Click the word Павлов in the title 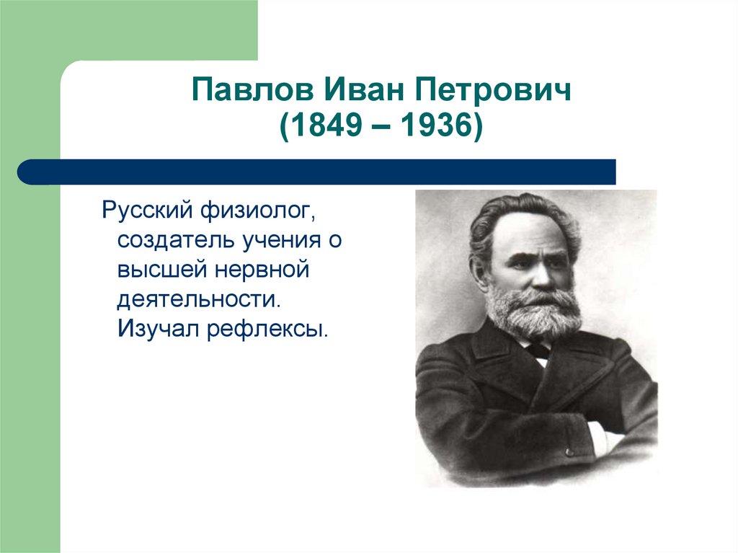tap(252, 89)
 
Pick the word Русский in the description tap(147, 211)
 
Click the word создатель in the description tap(176, 241)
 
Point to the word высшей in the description tap(162, 270)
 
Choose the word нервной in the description tap(262, 270)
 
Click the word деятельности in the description tap(199, 300)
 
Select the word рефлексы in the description tap(267, 329)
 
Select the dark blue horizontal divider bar tap(316, 172)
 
